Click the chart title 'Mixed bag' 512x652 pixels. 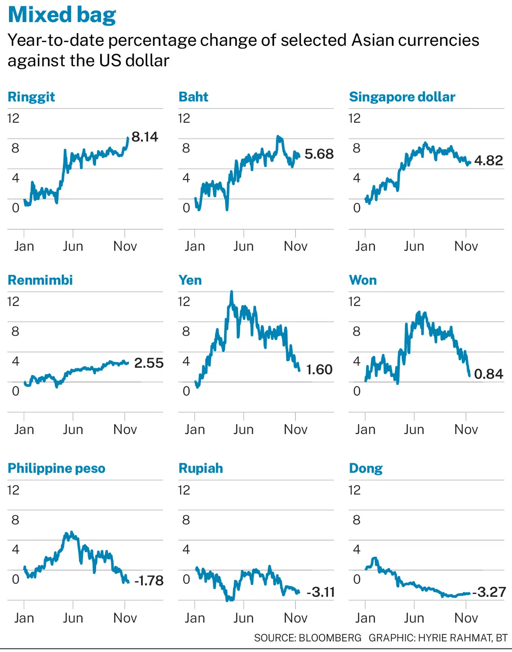[62, 15]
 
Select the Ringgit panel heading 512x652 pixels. [31, 97]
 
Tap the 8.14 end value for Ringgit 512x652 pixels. [145, 137]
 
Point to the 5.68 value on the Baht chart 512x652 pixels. [319, 154]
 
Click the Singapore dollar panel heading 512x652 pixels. [402, 97]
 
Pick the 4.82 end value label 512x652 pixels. [488, 160]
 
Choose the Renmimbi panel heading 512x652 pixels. [40, 280]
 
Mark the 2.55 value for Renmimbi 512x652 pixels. [149, 363]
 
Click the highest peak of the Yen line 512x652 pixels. [232, 292]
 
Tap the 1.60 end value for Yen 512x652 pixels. [319, 370]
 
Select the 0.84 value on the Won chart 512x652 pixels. [488, 374]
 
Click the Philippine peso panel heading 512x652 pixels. [57, 468]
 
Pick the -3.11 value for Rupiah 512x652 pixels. [321, 592]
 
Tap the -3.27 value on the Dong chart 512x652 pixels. [489, 592]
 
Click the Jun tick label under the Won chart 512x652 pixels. [414, 430]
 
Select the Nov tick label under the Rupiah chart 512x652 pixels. [296, 618]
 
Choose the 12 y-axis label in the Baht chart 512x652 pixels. [184, 118]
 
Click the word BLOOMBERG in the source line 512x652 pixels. [330, 638]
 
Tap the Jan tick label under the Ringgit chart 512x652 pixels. [24, 246]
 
